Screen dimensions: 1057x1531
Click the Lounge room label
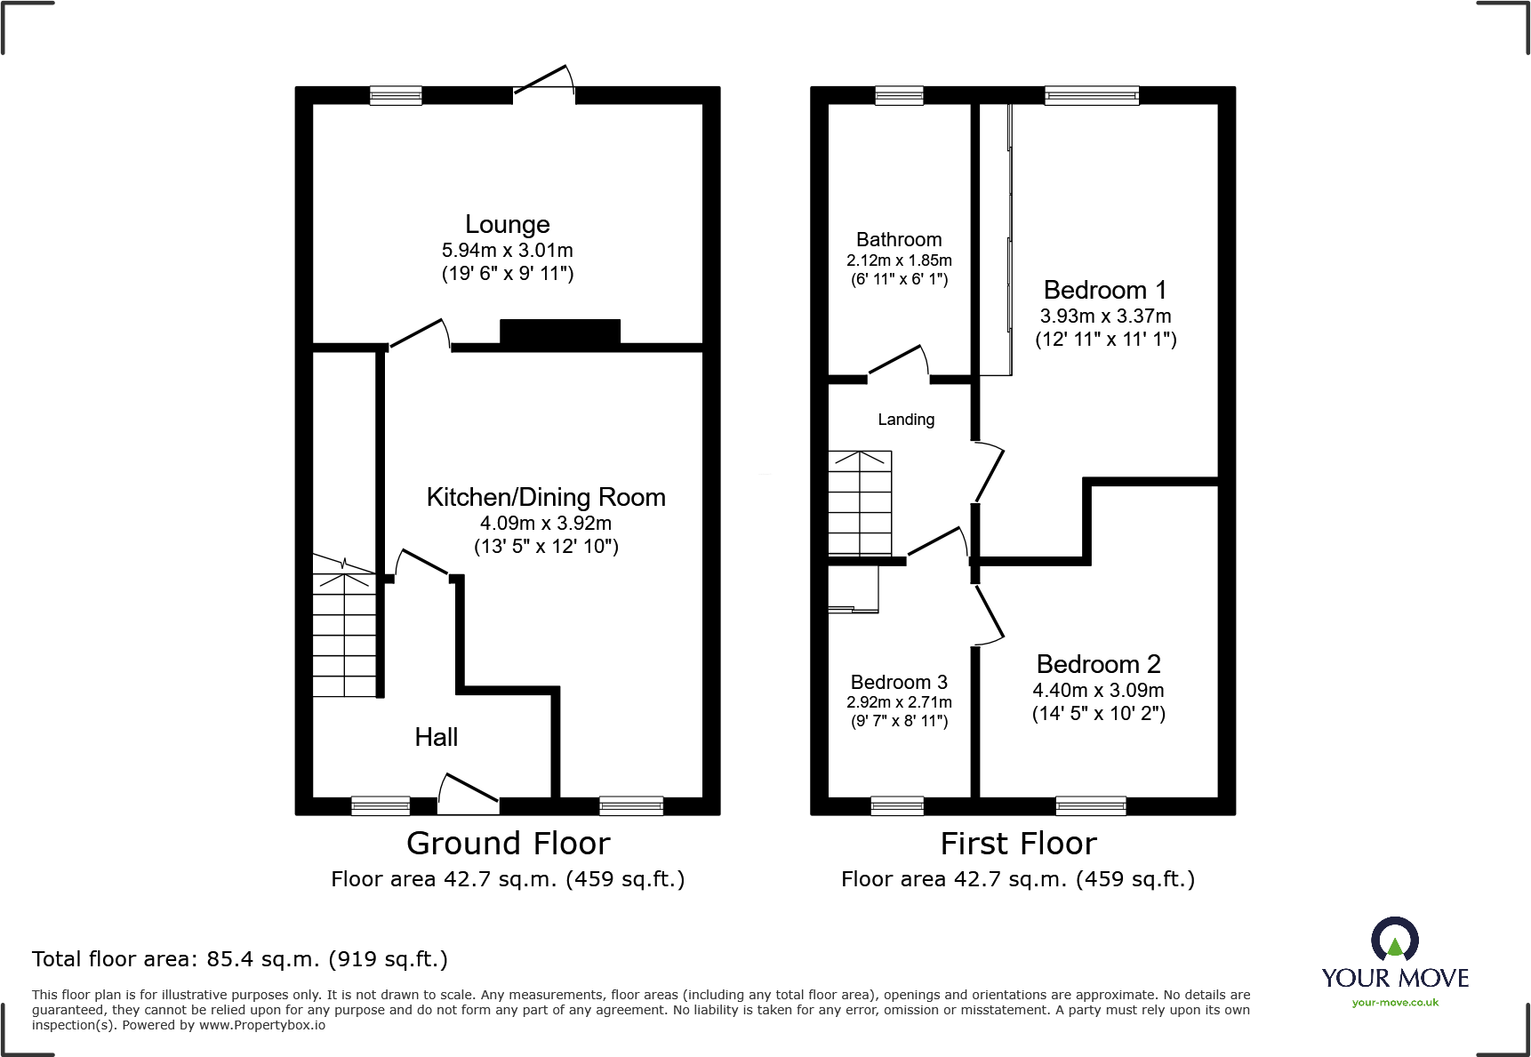pyautogui.click(x=508, y=225)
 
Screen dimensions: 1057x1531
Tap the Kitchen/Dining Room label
pyautogui.click(x=546, y=498)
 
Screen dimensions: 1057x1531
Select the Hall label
pyautogui.click(x=437, y=737)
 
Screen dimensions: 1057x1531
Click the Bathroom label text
pyautogui.click(x=899, y=240)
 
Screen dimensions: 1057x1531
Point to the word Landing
pyautogui.click(x=906, y=420)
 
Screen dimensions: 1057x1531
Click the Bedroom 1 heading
pyautogui.click(x=1104, y=291)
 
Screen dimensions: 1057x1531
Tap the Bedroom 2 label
pyautogui.click(x=1098, y=665)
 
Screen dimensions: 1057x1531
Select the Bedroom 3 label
pyautogui.click(x=899, y=683)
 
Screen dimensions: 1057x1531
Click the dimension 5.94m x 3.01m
pyautogui.click(x=508, y=251)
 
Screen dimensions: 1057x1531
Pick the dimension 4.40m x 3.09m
pyautogui.click(x=1098, y=691)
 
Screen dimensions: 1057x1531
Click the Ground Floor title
pyautogui.click(x=508, y=844)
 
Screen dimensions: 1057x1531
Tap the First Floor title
pyautogui.click(x=1018, y=844)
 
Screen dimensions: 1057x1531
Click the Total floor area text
pyautogui.click(x=240, y=959)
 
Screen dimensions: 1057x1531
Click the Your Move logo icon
pyautogui.click(x=1394, y=940)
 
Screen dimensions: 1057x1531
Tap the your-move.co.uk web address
pyautogui.click(x=1395, y=1003)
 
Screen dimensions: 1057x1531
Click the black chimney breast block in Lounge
pyautogui.click(x=560, y=332)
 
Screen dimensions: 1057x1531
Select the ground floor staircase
pyautogui.click(x=344, y=627)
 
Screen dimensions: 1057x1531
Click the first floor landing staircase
pyautogui.click(x=860, y=503)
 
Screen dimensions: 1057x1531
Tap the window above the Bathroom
pyautogui.click(x=899, y=96)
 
